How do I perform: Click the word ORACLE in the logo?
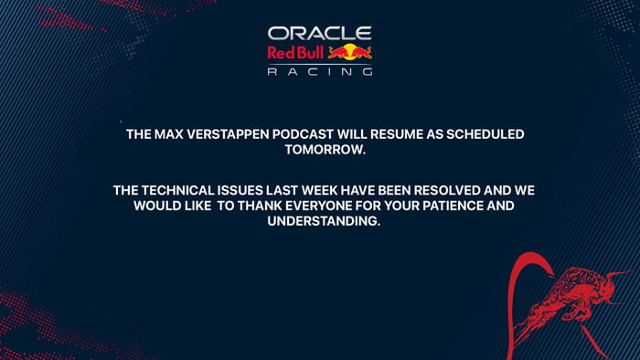pos(319,34)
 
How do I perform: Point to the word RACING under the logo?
pos(319,71)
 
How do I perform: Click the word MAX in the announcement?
pos(170,134)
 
